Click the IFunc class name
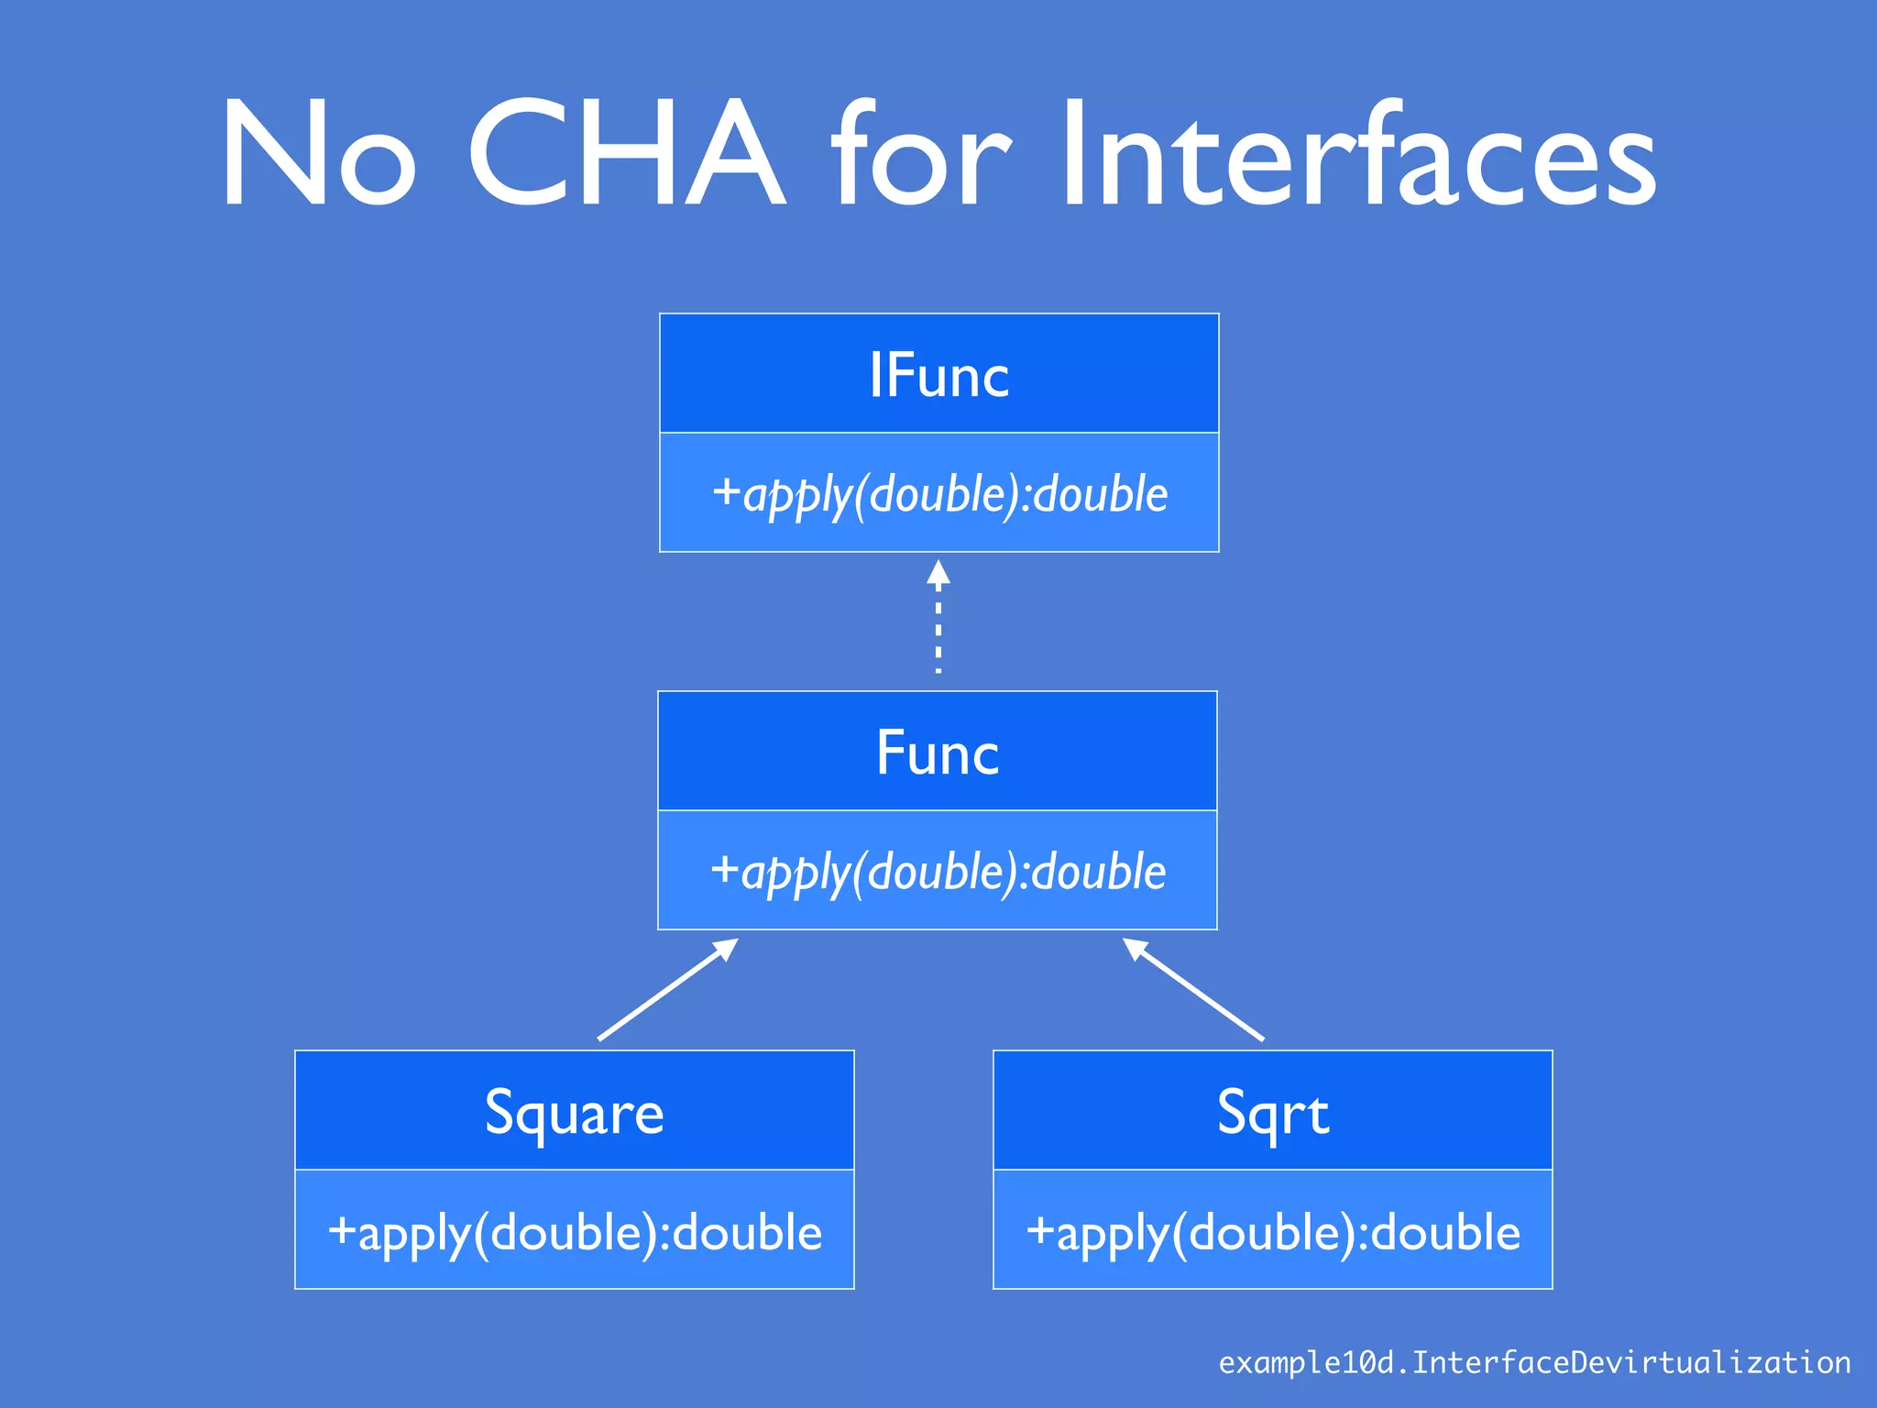(938, 375)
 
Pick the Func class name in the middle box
(937, 753)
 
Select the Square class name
(574, 1113)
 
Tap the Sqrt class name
(1272, 1113)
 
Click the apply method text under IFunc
(940, 494)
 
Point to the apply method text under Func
(938, 872)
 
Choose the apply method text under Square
(576, 1232)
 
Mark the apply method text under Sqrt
(1274, 1232)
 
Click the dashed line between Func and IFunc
(938, 632)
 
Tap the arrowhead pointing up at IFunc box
(938, 573)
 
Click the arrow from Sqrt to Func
(1195, 991)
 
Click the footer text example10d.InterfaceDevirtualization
(1534, 1363)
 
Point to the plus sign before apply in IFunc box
(726, 491)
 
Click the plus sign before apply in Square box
(341, 1230)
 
